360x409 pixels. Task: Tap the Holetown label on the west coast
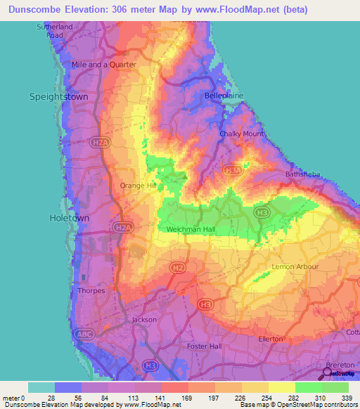[x=69, y=219]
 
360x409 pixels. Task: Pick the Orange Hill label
[x=138, y=186]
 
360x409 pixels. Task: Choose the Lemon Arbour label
[x=295, y=267]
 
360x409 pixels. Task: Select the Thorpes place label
[x=92, y=290]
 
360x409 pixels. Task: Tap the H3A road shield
[x=233, y=169]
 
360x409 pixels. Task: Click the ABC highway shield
[x=83, y=333]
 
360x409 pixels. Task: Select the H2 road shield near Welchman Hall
[x=179, y=268]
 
